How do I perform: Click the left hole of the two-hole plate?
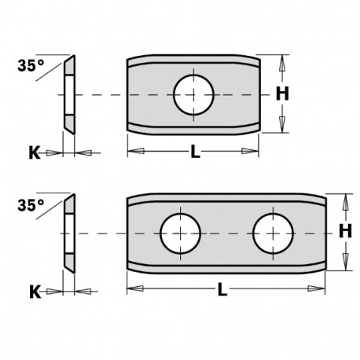point(180,233)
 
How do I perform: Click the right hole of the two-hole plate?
point(273,233)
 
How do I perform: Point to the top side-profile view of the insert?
point(68,94)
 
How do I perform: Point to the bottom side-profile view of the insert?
point(68,233)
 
